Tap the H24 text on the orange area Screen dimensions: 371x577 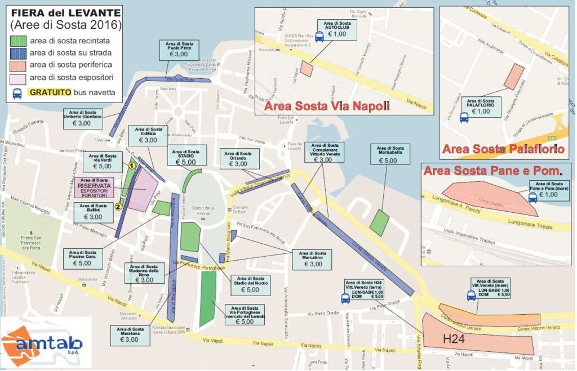pyautogui.click(x=454, y=339)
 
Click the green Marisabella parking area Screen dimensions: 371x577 pyautogui.click(x=379, y=222)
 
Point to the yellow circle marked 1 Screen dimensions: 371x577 pyautogui.click(x=131, y=166)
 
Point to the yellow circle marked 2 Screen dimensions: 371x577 pyautogui.click(x=118, y=206)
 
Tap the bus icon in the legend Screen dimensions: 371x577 pyautogui.click(x=17, y=93)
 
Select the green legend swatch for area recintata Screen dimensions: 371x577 pyautogui.click(x=19, y=41)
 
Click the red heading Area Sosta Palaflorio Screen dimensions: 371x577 pyautogui.click(x=503, y=149)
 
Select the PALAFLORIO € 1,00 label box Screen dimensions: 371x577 pyautogui.click(x=481, y=107)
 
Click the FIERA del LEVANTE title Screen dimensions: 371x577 pyautogui.click(x=65, y=12)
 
